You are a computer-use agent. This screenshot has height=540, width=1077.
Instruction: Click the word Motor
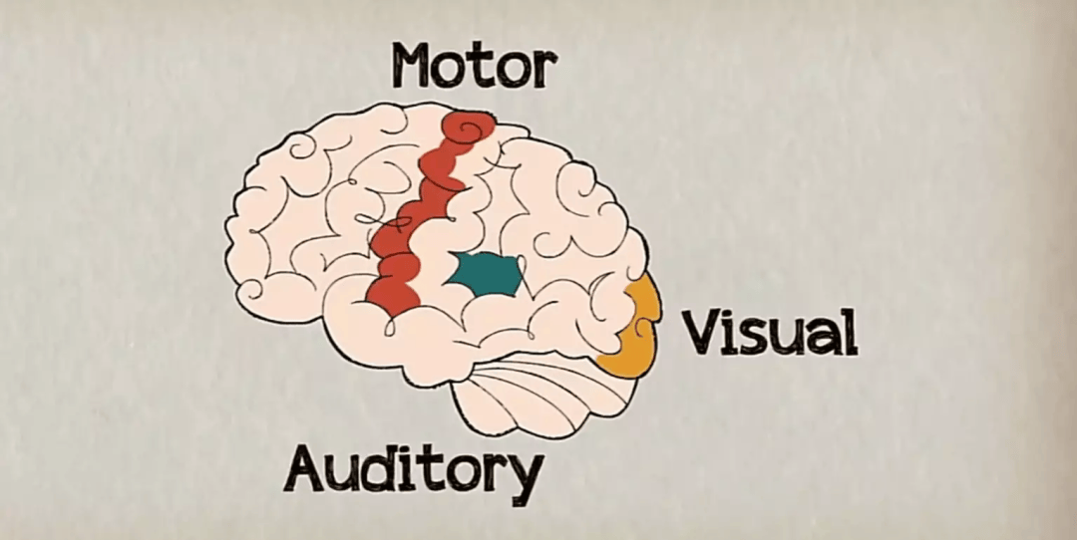tap(473, 66)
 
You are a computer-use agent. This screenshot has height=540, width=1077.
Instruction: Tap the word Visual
tap(769, 333)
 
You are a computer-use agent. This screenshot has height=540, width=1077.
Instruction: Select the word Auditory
tap(414, 468)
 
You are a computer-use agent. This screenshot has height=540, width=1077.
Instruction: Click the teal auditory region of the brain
tap(487, 273)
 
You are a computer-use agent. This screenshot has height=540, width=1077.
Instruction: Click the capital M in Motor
tap(414, 66)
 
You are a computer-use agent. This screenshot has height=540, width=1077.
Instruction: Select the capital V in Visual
tap(701, 333)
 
